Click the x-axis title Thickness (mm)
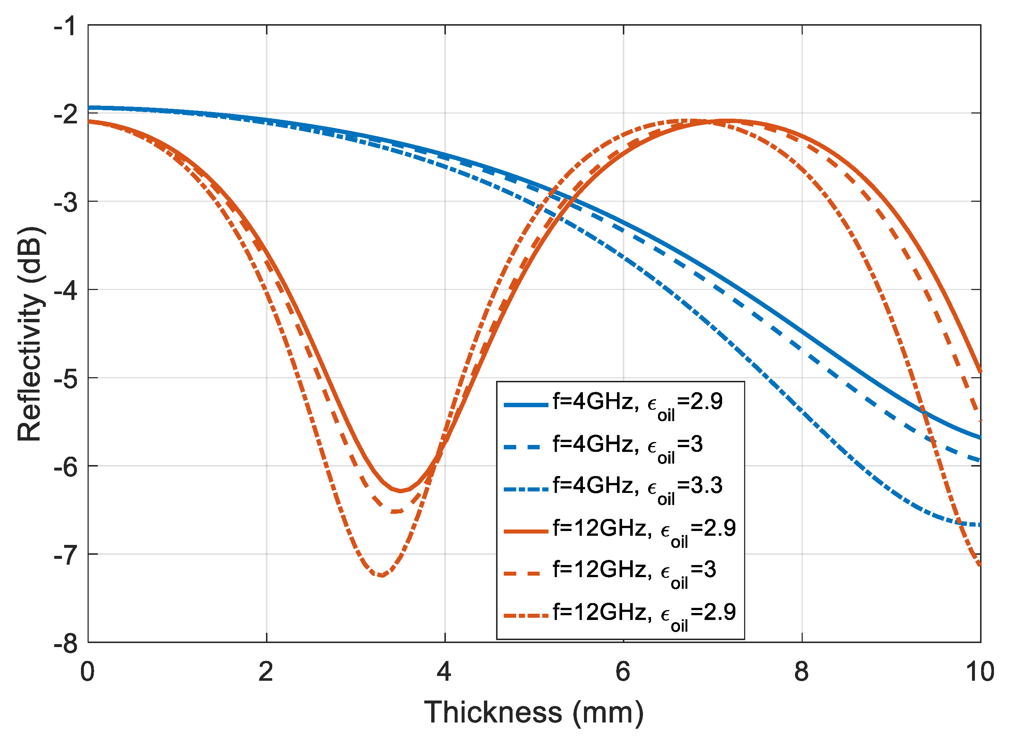533,712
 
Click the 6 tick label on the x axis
623,672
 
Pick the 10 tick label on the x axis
979,672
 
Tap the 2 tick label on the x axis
266,672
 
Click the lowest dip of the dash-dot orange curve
381,575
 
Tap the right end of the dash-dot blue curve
980,525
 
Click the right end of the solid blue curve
980,438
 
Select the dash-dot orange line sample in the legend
525,615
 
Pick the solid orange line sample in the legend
525,531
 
